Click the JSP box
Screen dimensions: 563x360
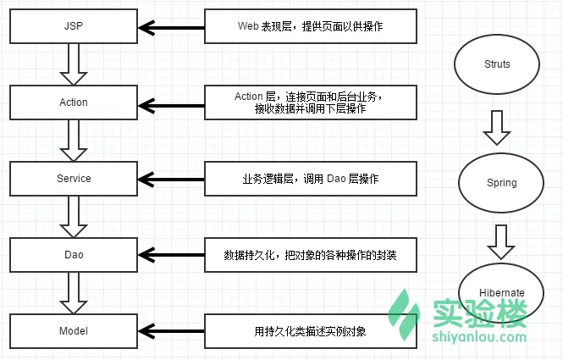[x=74, y=26]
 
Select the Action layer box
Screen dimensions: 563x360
[x=74, y=102]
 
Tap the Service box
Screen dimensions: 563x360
[x=74, y=179]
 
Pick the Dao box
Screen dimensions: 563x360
[x=74, y=255]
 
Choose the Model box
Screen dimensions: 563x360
[x=74, y=331]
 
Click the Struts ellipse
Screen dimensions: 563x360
[x=497, y=64]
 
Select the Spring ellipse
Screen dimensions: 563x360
[x=501, y=183]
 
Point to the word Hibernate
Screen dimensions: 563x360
[x=501, y=293]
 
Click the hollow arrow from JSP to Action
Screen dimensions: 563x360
[x=74, y=64]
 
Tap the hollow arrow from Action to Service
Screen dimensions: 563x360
[x=74, y=141]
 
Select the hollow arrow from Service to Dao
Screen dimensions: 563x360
[x=74, y=217]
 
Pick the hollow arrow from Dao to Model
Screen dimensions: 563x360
[x=74, y=293]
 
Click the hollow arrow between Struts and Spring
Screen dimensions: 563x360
[x=497, y=128]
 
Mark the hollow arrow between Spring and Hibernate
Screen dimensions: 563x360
[x=501, y=242]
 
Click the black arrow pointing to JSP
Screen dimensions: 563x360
[x=171, y=28]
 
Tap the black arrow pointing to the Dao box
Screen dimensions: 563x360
[x=171, y=255]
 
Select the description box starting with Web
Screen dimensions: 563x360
[x=311, y=26]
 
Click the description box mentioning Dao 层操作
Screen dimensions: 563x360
[x=311, y=179]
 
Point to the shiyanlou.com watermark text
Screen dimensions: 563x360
[x=479, y=337]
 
